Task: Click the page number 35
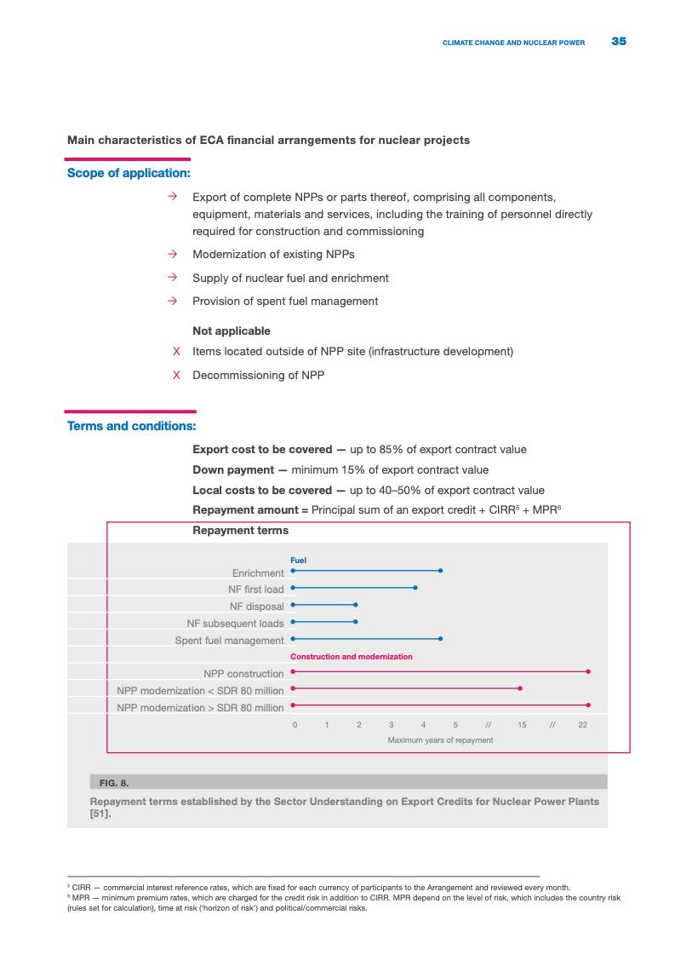click(619, 41)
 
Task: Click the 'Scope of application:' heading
click(129, 173)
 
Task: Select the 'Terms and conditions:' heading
click(132, 426)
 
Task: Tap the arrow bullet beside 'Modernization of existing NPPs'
click(172, 254)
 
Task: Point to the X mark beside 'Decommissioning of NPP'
click(176, 375)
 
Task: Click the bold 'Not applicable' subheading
click(232, 331)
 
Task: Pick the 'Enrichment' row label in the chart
click(258, 572)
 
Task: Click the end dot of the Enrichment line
click(440, 571)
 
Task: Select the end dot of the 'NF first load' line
click(415, 588)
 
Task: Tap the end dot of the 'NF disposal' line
click(356, 605)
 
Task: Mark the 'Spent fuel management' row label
click(229, 640)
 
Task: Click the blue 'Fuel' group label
click(298, 560)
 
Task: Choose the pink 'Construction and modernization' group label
click(352, 657)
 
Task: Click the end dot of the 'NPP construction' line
click(588, 671)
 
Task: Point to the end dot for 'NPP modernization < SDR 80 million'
click(520, 688)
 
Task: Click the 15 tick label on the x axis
click(522, 724)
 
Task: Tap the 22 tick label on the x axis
click(583, 724)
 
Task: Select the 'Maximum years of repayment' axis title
click(440, 740)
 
